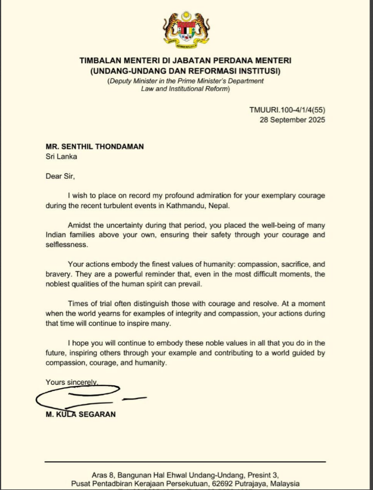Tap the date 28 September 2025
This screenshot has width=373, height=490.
tap(292, 120)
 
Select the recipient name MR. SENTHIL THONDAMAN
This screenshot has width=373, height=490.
tap(95, 147)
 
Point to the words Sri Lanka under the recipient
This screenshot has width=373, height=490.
tap(60, 156)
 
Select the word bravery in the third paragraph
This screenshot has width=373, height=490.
tap(58, 274)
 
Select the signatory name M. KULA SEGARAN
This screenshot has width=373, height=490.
tap(81, 414)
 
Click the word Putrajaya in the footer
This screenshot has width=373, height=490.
tap(258, 484)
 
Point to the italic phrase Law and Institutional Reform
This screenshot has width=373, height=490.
tap(185, 89)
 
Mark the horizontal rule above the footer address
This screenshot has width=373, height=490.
tap(185, 461)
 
